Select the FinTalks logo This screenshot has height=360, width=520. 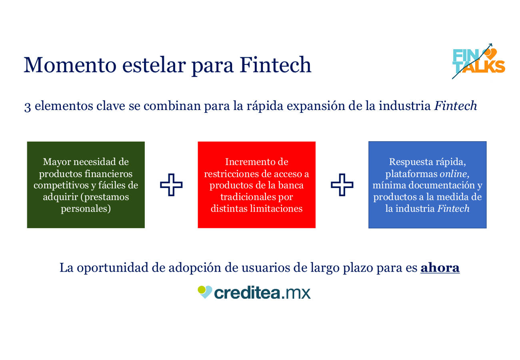click(x=478, y=61)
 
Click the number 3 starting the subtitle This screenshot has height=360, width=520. click(x=27, y=107)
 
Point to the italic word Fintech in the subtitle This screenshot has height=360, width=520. click(x=456, y=106)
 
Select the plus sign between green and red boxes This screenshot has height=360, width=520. click(x=171, y=185)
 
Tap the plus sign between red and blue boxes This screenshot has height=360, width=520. click(x=342, y=185)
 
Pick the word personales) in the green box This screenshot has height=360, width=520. click(x=86, y=209)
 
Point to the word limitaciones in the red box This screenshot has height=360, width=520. click(x=276, y=208)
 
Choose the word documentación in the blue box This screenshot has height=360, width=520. click(x=442, y=185)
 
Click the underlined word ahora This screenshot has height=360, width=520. click(x=440, y=268)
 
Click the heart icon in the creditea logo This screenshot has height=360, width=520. click(x=205, y=292)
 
